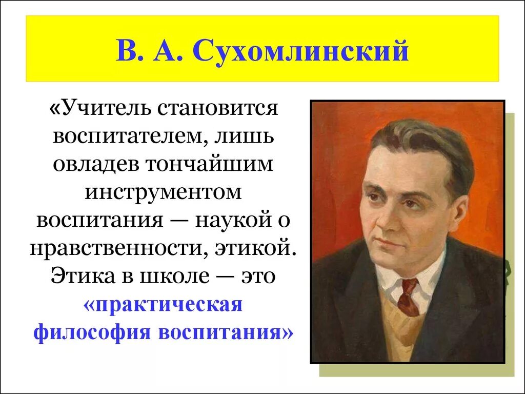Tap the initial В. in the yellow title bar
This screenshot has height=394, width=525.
pos(127,51)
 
